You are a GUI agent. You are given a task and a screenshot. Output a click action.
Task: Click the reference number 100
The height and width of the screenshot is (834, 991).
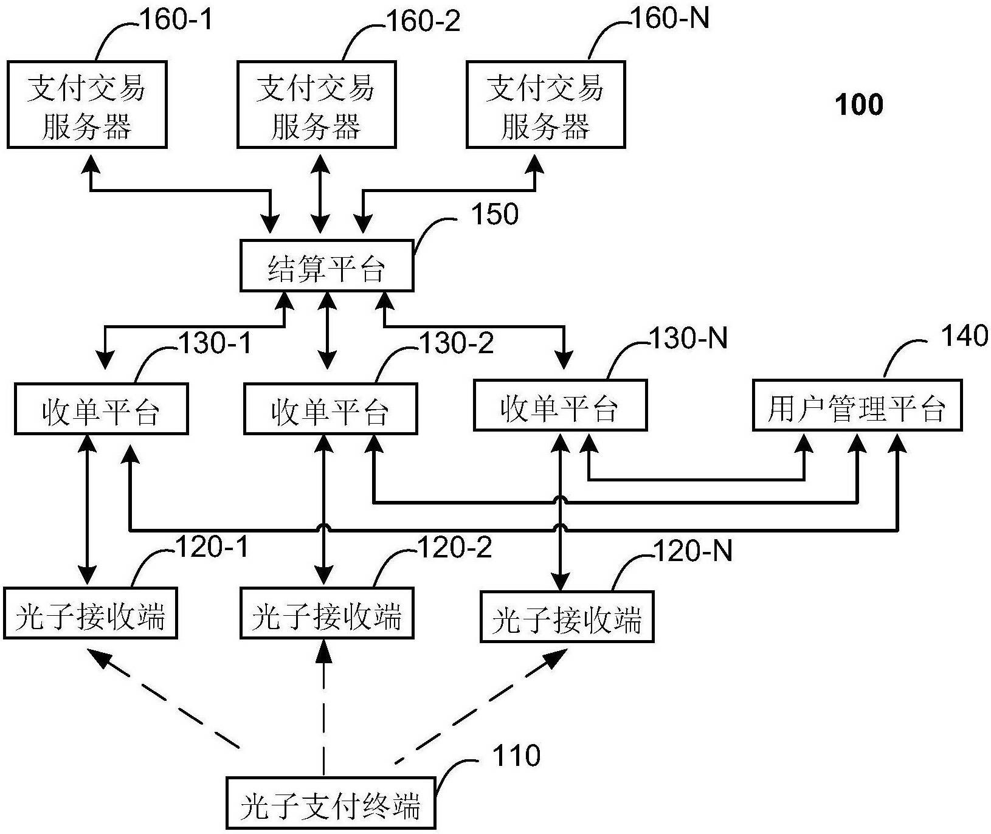(x=859, y=105)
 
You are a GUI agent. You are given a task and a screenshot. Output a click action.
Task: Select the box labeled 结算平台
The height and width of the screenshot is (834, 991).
(x=326, y=266)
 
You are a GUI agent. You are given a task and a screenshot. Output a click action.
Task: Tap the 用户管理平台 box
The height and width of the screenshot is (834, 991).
(x=857, y=405)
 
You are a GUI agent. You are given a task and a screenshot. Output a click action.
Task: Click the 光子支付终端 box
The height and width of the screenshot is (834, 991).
(x=331, y=802)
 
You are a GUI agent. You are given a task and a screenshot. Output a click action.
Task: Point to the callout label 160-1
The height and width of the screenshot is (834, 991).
(x=177, y=20)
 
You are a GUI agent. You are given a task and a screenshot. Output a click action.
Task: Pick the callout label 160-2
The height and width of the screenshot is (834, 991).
(x=424, y=21)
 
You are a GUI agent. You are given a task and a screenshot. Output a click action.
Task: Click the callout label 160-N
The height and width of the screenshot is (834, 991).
(x=670, y=19)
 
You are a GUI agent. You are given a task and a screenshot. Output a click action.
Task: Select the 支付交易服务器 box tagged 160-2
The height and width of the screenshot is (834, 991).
(x=316, y=105)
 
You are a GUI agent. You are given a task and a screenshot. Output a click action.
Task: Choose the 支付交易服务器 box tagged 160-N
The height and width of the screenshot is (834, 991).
(x=545, y=105)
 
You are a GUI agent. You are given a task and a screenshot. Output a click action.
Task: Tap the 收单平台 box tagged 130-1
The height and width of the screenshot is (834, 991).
(x=101, y=408)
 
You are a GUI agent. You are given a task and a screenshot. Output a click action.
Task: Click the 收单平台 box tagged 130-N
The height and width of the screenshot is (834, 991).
(x=560, y=405)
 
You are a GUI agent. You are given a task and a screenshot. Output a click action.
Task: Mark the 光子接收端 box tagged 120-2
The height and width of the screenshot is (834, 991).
(x=327, y=613)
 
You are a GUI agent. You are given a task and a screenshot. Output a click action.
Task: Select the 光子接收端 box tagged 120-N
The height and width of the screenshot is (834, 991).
(x=567, y=616)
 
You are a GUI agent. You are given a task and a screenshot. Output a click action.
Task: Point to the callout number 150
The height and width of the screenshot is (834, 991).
(x=495, y=215)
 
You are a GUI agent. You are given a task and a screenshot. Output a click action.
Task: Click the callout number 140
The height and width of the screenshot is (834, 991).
(x=964, y=336)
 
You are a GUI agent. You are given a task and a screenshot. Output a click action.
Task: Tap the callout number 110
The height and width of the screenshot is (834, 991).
(x=516, y=756)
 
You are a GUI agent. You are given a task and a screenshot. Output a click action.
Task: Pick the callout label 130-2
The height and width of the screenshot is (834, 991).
(x=457, y=343)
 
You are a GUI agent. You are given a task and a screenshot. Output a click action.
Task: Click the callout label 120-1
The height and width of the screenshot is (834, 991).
(x=212, y=548)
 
